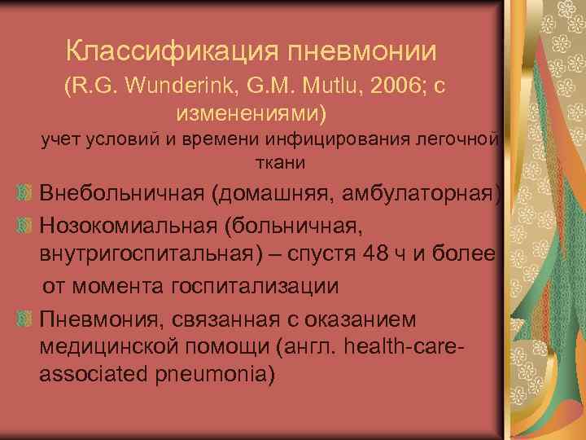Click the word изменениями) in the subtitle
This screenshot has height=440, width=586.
pos(255,110)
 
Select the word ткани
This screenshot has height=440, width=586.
pos(278,163)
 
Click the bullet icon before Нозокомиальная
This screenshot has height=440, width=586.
pos(26,222)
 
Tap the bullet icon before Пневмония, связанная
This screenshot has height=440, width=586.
pos(26,317)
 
